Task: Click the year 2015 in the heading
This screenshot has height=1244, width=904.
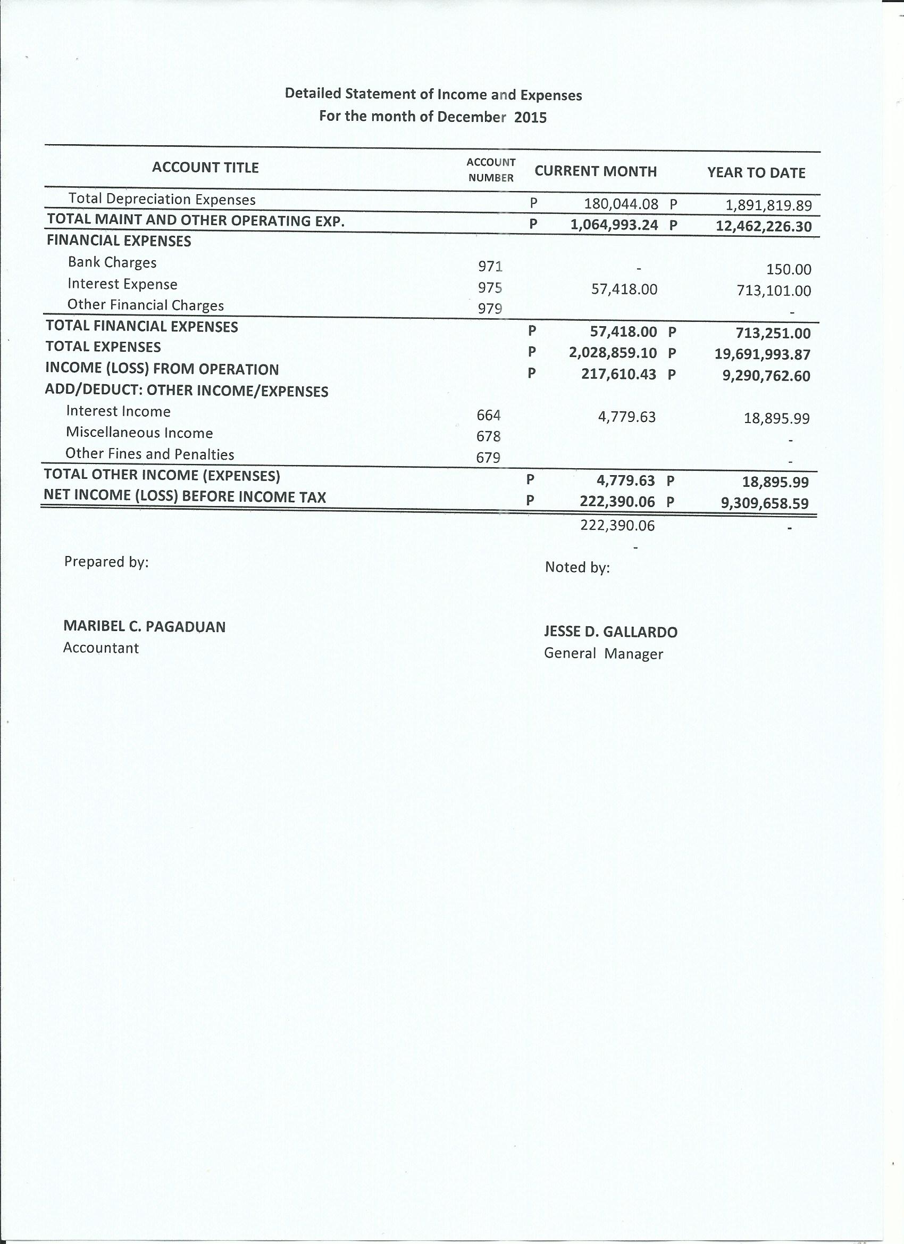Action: (530, 118)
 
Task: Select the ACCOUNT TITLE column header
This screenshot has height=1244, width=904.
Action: (205, 168)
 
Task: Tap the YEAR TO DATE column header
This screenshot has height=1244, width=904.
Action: (756, 173)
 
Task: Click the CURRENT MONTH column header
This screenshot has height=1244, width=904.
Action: (596, 172)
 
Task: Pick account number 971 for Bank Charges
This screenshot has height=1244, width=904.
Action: (490, 267)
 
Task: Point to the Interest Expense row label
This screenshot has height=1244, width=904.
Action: (122, 284)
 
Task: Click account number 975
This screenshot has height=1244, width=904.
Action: (490, 288)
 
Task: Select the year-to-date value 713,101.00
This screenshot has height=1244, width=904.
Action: (774, 291)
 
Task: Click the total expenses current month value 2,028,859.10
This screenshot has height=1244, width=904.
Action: (613, 353)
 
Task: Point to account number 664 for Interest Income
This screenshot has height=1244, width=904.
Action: (489, 415)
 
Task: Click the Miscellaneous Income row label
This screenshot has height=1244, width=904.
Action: (139, 433)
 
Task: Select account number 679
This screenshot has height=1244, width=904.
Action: (488, 458)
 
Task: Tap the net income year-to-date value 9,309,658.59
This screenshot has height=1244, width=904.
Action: (765, 503)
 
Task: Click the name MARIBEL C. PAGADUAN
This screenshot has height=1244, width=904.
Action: (144, 626)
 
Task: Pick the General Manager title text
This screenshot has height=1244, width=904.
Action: (603, 654)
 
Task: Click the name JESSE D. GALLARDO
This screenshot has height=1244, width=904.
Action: (610, 632)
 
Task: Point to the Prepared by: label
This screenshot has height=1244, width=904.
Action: (106, 562)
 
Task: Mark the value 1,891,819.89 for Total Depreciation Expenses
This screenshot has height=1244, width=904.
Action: (768, 206)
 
